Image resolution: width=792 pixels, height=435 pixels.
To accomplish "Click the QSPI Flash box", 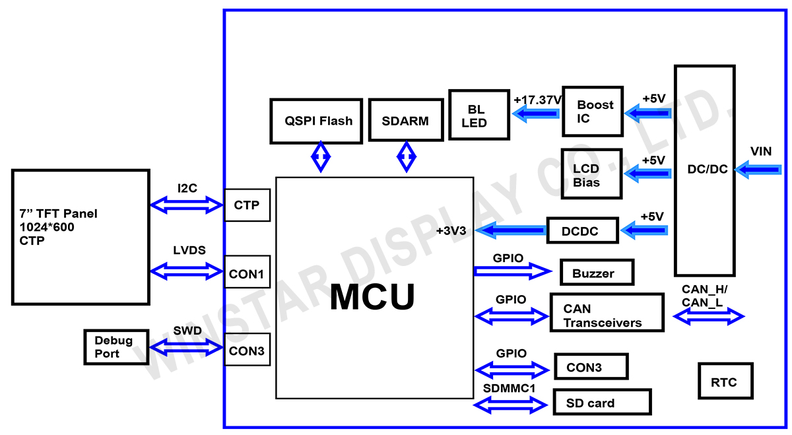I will tap(316, 121).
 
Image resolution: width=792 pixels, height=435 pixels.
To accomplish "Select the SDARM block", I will tap(405, 120).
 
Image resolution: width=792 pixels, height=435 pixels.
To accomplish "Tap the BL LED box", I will tap(478, 115).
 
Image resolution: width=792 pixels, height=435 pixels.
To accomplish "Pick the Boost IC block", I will tap(592, 112).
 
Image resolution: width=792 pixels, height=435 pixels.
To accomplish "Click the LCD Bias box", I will tap(591, 174).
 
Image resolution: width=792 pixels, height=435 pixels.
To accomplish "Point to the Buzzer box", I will tap(597, 273).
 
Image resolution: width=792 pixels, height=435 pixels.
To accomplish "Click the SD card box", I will tap(601, 402).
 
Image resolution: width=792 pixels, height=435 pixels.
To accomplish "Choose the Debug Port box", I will tap(114, 347).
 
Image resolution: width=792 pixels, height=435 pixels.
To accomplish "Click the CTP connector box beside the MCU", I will tap(247, 205).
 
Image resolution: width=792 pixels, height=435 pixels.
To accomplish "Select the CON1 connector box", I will tap(247, 271).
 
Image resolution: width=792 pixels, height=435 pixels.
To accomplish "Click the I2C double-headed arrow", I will tap(187, 205).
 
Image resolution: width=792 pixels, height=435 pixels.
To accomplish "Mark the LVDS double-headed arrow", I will tap(187, 270).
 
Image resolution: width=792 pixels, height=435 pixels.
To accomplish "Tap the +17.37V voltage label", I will tap(537, 99).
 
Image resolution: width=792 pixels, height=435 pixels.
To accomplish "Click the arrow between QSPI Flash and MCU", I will tap(321, 157).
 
